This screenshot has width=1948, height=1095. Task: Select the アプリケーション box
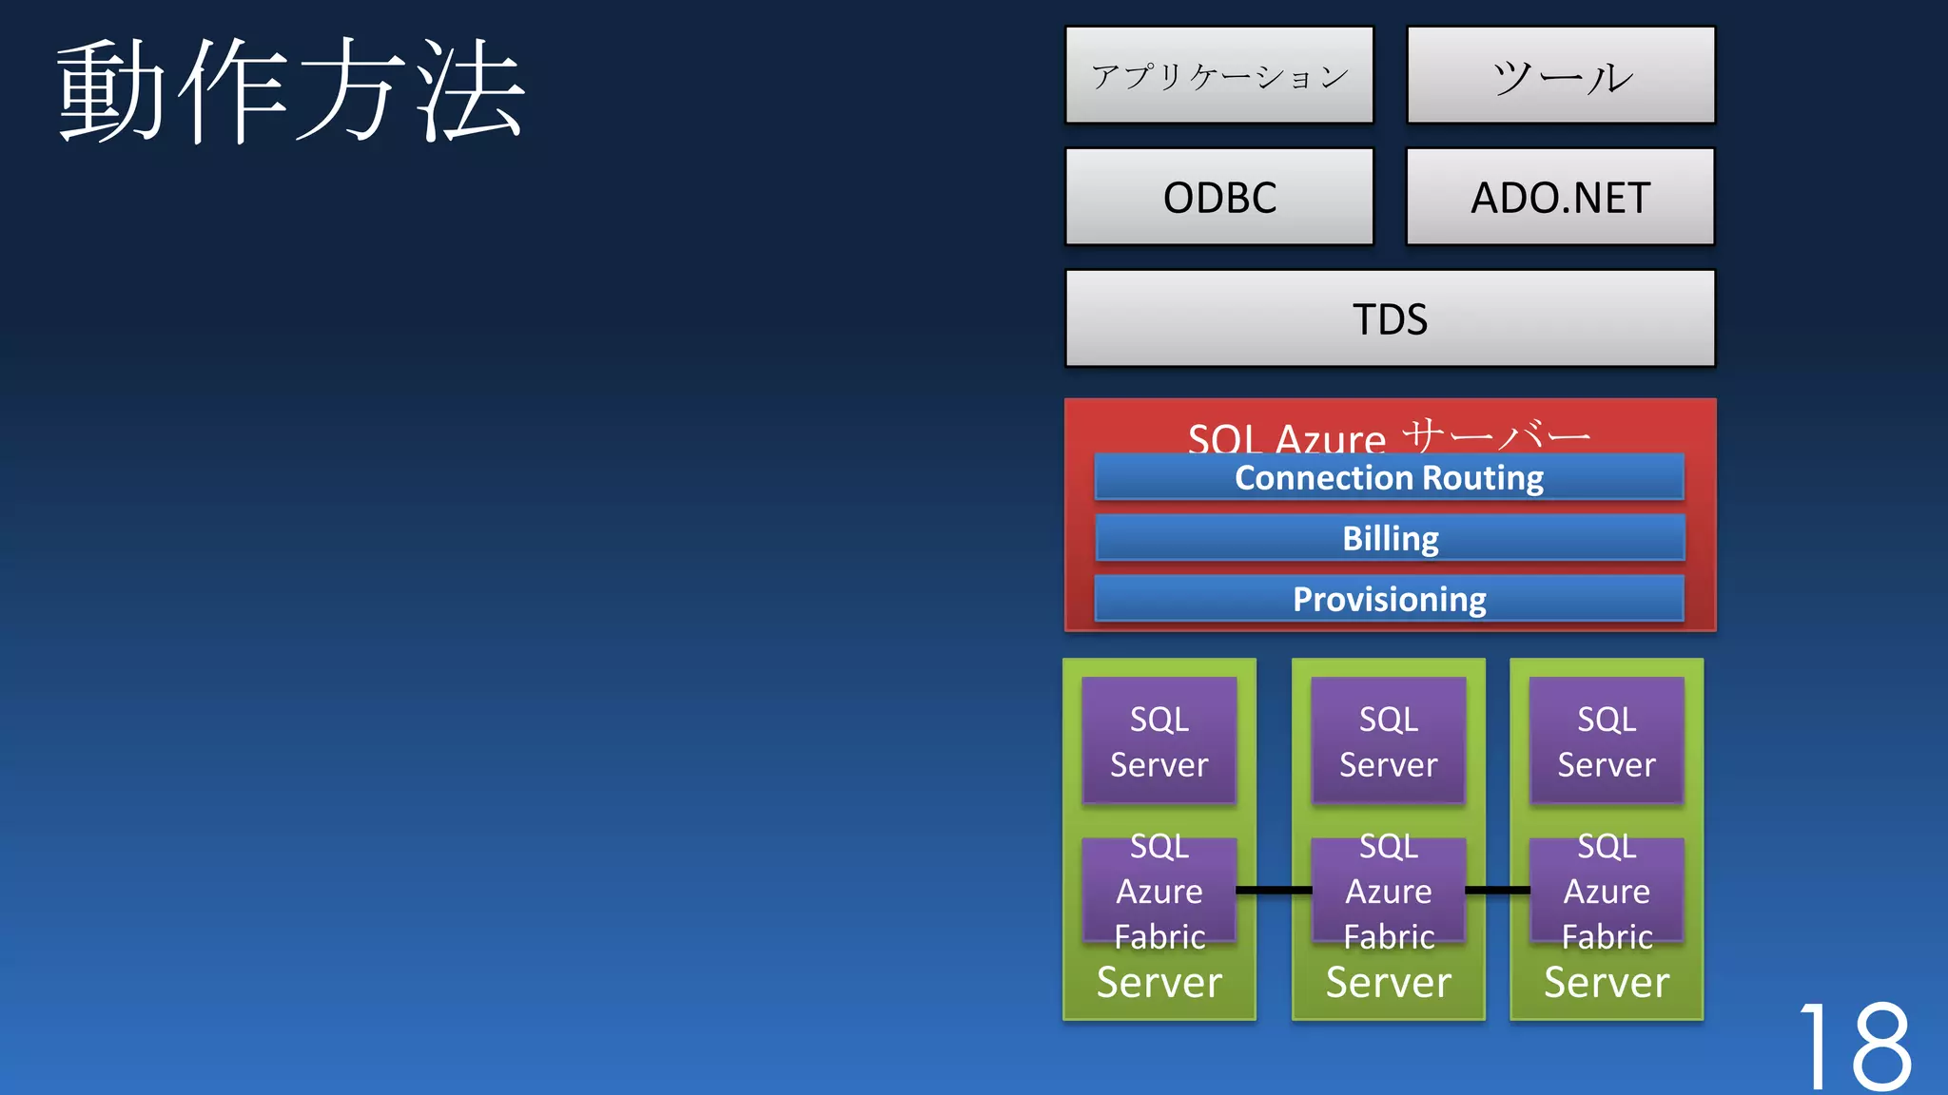(1218, 75)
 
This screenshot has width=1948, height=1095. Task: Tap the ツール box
(1560, 75)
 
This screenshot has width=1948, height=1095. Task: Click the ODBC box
(1218, 197)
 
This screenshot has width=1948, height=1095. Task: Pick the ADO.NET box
(1560, 197)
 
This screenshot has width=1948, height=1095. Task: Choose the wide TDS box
(1390, 318)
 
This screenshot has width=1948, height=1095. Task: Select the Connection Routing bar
(1389, 477)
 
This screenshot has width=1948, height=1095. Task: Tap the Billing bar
(1389, 538)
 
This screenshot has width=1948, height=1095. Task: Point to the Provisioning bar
(1389, 599)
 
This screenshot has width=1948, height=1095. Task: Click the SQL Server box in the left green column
(1159, 740)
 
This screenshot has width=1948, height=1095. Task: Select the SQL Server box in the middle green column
(1388, 740)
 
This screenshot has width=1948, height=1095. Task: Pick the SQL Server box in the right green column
(1607, 740)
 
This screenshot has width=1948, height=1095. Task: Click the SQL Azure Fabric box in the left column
(1159, 891)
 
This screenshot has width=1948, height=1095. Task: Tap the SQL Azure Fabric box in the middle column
(1388, 891)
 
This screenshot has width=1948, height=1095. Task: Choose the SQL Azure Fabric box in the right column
(1607, 891)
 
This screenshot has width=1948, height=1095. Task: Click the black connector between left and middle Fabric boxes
(1274, 891)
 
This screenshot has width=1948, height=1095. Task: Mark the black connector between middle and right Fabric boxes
(1497, 891)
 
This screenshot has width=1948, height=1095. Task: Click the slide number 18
(1855, 1046)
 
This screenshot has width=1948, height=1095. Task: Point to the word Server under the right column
(1607, 982)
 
